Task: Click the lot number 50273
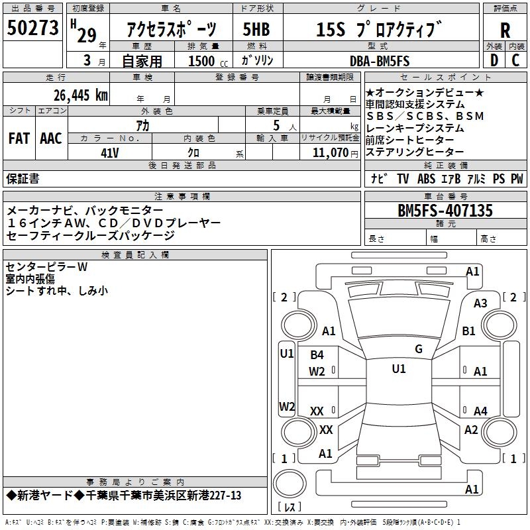33,28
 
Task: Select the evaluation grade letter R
505,30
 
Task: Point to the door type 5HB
257,30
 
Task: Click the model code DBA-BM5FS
380,61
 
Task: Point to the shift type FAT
19,138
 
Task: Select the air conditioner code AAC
51,138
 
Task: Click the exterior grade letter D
494,61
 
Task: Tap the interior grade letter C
516,61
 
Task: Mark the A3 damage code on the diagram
480,303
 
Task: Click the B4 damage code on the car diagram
317,355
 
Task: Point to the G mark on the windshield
419,349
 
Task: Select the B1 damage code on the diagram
469,331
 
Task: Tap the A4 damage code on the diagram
480,411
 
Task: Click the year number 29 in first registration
86,35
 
